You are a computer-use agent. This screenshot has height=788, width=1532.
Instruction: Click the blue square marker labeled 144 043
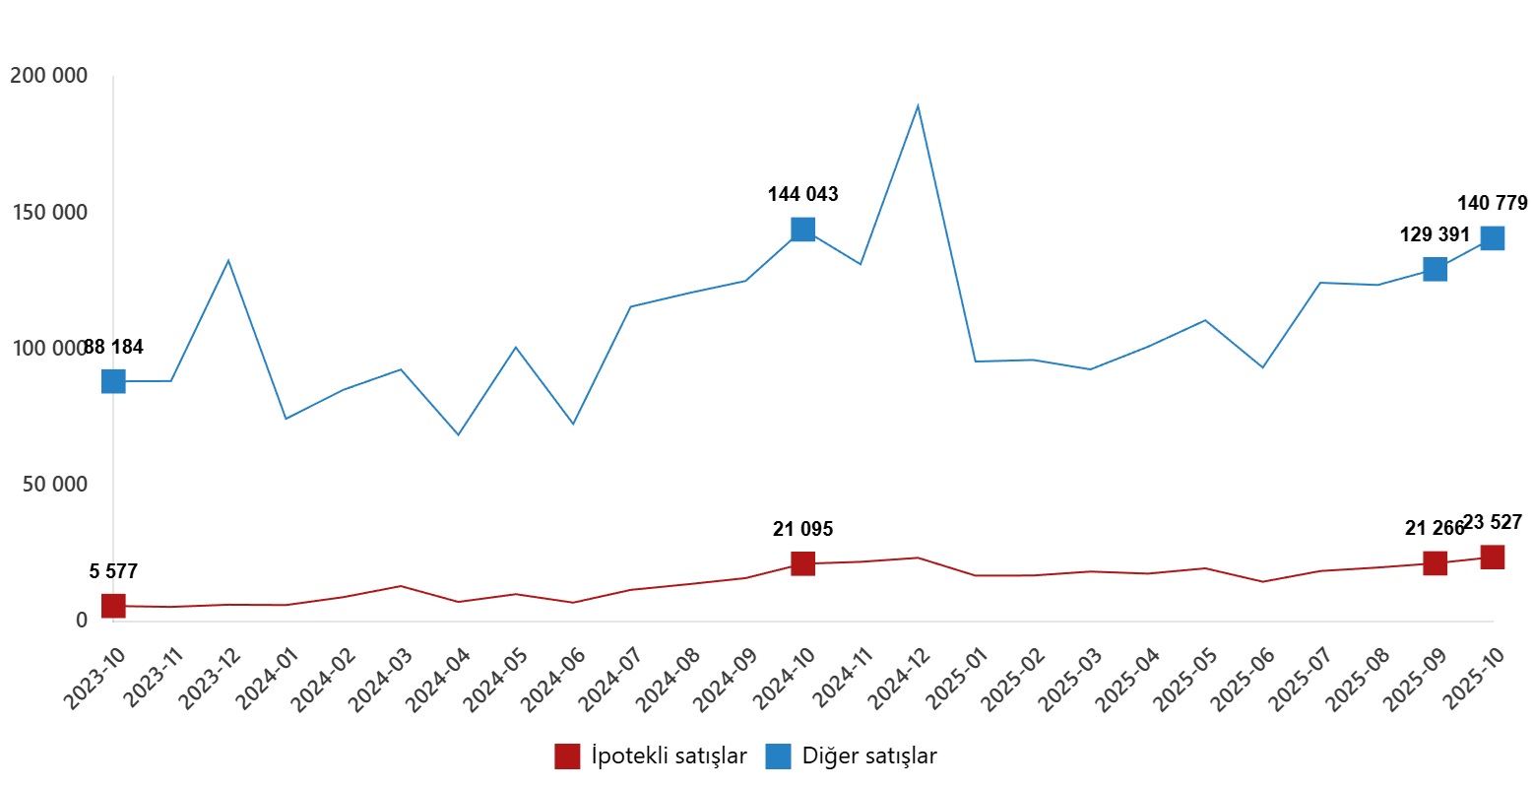pyautogui.click(x=802, y=230)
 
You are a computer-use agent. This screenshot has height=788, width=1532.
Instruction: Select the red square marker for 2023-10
pyautogui.click(x=113, y=606)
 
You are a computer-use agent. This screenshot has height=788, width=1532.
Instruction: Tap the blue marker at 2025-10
pyautogui.click(x=1492, y=238)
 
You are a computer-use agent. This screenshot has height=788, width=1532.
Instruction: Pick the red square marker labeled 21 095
pyautogui.click(x=802, y=563)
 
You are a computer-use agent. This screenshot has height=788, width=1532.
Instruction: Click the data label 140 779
pyautogui.click(x=1492, y=204)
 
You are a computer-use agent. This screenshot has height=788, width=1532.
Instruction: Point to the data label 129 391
pyautogui.click(x=1435, y=235)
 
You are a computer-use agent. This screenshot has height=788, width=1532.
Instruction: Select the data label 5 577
pyautogui.click(x=113, y=572)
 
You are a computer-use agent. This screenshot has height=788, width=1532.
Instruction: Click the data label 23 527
pyautogui.click(x=1493, y=523)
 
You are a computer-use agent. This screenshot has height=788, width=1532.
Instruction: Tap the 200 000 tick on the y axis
pyautogui.click(x=48, y=76)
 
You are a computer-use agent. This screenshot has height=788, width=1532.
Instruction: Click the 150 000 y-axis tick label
pyautogui.click(x=48, y=213)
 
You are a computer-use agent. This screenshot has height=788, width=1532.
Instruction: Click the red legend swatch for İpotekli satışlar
pyautogui.click(x=567, y=756)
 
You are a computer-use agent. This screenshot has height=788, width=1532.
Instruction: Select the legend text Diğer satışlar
pyautogui.click(x=869, y=756)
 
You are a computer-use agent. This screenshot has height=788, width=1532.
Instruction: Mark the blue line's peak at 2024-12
pyautogui.click(x=918, y=105)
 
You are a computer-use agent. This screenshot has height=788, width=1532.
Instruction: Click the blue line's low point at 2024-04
pyautogui.click(x=458, y=434)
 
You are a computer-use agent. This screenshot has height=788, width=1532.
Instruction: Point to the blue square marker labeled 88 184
pyautogui.click(x=113, y=381)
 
